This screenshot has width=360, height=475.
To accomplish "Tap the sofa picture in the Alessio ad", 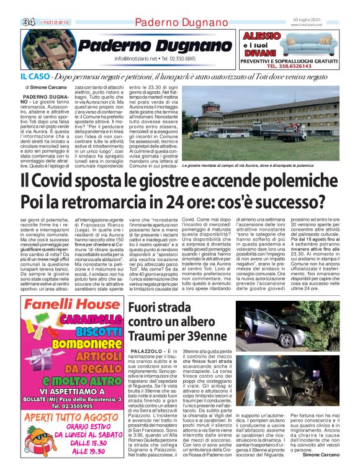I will tap(313, 43).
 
